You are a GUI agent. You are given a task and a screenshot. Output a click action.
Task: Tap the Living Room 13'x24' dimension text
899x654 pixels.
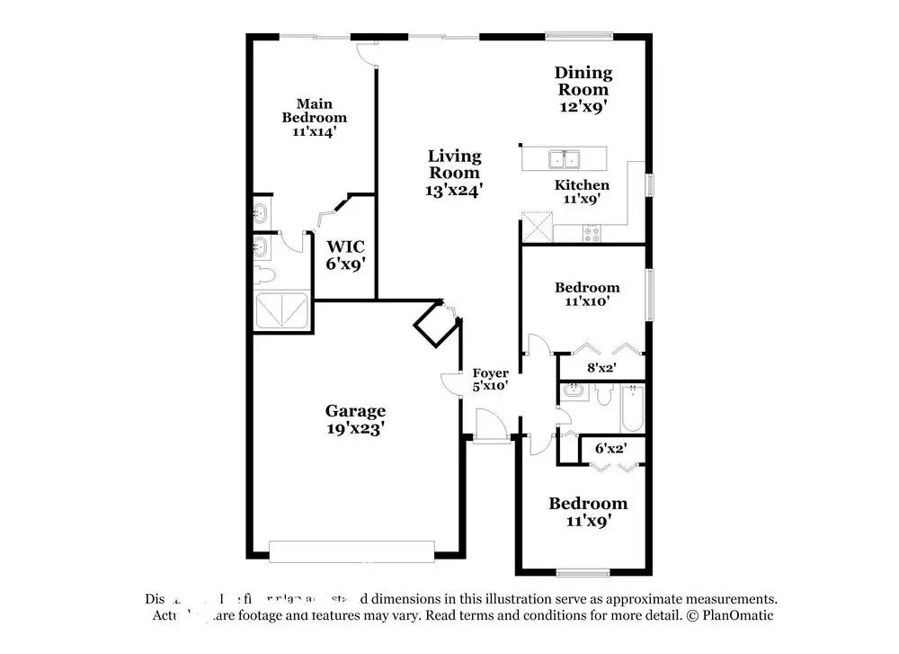pos(455,191)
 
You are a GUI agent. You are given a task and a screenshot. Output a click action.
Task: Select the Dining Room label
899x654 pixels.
pos(583,81)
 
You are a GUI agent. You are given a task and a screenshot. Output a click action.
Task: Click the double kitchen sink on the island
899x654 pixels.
pos(565,159)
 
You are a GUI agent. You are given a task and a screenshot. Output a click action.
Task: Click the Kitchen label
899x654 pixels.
pos(582,185)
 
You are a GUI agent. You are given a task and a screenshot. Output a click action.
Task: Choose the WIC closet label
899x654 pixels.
pos(344,246)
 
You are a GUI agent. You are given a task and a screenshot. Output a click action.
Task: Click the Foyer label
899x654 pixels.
pos(491,373)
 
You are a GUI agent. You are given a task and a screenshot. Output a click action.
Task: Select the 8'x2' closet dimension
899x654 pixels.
pos(601,367)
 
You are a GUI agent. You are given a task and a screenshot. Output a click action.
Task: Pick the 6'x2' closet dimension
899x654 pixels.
pos(611,447)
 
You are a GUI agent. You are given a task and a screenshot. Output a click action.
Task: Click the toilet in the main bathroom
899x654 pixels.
pos(263,273)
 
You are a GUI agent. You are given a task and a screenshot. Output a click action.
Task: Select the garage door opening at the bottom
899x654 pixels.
pos(352,551)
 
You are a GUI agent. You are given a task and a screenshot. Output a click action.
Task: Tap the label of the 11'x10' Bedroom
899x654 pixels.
pos(587,288)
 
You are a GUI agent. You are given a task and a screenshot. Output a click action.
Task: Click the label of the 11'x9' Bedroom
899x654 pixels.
pos(588,504)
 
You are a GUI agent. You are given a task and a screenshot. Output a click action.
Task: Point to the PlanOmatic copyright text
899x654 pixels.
pos(730,616)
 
